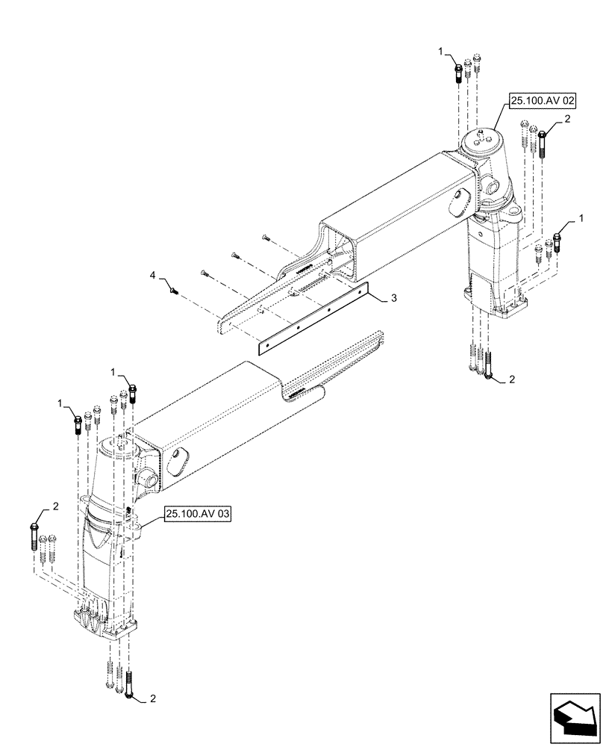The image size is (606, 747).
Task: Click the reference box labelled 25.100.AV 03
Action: click(198, 515)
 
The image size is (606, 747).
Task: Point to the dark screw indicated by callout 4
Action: click(173, 290)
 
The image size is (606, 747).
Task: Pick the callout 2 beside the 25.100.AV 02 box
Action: click(567, 119)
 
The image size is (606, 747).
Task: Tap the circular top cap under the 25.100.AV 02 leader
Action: click(482, 141)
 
